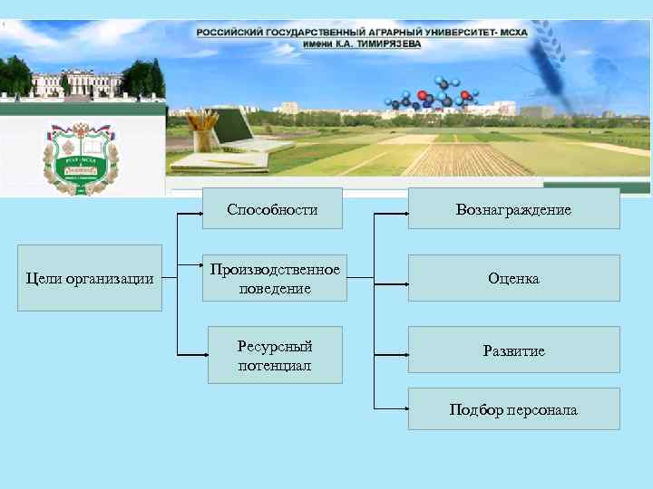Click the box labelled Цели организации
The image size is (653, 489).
90,278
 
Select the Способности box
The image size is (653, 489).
272,209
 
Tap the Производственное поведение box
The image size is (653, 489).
275,279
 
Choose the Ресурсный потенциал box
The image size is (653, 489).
275,355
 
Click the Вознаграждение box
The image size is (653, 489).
513,209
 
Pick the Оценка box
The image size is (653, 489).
513,278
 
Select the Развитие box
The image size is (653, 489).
513,350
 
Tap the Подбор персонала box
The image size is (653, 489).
513,409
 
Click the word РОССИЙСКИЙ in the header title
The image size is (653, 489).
229,31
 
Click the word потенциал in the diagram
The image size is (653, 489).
275,366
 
